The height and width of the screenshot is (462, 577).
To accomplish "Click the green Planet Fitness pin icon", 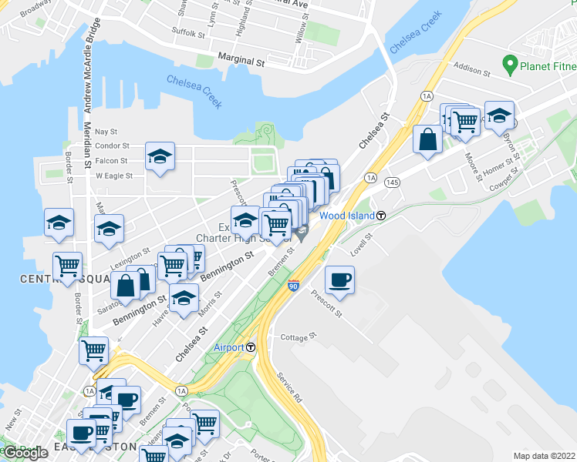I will [x=509, y=62].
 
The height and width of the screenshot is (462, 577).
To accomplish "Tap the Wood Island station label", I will [x=347, y=216].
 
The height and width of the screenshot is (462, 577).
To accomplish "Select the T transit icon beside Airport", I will [x=251, y=347].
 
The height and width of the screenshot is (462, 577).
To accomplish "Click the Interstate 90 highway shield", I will [x=293, y=286].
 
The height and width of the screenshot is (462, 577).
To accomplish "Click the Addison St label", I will [x=473, y=71].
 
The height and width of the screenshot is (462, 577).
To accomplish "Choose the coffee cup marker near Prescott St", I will [x=339, y=280].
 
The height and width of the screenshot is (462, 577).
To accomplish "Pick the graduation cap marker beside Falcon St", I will [x=160, y=156].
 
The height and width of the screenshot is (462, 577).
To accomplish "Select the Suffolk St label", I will [x=185, y=32].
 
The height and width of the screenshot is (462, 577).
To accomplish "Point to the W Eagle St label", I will [x=114, y=176].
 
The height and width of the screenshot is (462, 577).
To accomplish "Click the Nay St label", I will [x=106, y=132].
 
